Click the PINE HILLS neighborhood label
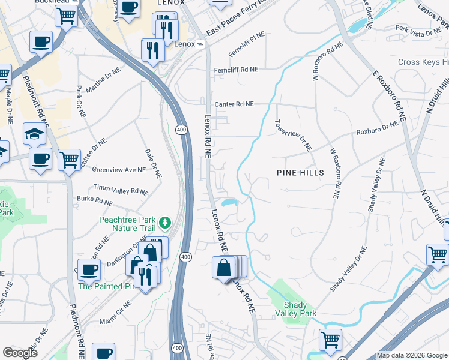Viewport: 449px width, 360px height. [300, 173]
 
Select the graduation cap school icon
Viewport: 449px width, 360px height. [34, 134]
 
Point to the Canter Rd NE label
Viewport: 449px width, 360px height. [234, 104]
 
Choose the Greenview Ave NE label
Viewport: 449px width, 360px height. [119, 170]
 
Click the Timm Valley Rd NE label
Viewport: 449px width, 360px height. [121, 190]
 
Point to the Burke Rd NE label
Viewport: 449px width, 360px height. [95, 199]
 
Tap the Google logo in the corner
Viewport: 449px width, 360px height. [20, 353]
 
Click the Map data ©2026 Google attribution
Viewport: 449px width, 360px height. [412, 355]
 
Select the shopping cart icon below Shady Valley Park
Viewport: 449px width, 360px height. [330, 340]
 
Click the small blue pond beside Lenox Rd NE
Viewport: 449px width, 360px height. [231, 202]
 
